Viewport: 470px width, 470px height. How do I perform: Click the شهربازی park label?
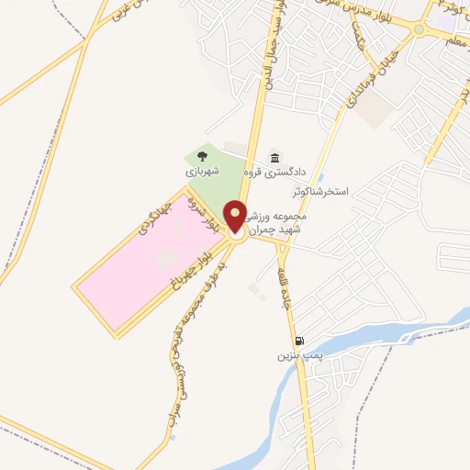coord(203,171)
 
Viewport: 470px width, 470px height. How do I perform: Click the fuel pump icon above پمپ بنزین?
coord(297,341)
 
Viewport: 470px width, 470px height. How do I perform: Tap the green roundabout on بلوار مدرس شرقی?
coord(419,29)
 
